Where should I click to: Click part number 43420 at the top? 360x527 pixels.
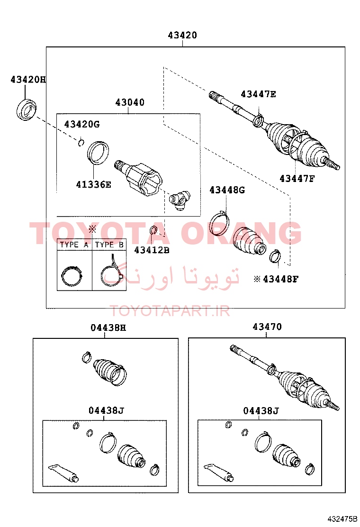click(182, 35)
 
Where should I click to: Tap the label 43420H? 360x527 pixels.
click(28, 80)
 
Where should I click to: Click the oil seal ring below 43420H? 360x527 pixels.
click(27, 109)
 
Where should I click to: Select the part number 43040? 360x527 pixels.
click(130, 102)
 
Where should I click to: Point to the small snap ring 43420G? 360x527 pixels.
click(81, 143)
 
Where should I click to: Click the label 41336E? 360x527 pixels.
click(93, 184)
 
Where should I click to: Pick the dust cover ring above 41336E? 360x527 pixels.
click(98, 153)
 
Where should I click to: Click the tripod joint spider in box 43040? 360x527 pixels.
click(180, 200)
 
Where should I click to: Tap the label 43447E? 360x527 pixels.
click(258, 94)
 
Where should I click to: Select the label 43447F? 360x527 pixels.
click(297, 179)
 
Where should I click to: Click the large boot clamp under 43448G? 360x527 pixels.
click(219, 223)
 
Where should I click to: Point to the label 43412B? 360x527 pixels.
click(152, 250)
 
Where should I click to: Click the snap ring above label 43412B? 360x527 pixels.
click(153, 230)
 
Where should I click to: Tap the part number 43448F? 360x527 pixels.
click(281, 279)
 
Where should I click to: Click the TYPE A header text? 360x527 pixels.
click(74, 245)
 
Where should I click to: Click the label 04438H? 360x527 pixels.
click(108, 327)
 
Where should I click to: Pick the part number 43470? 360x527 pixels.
click(267, 327)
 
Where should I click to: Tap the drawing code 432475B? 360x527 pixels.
click(343, 518)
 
